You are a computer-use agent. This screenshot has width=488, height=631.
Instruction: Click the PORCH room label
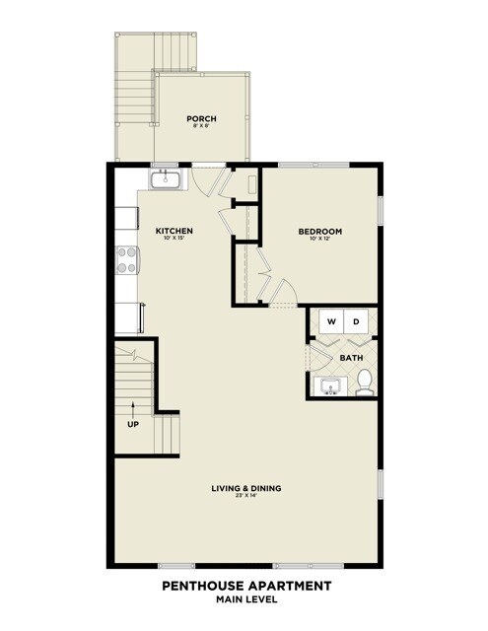[201, 119]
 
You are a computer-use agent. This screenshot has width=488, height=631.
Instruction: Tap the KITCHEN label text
[174, 232]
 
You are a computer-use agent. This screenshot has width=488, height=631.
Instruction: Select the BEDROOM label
[319, 233]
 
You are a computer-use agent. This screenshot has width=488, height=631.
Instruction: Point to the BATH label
[351, 357]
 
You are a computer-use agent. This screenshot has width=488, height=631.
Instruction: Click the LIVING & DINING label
[246, 488]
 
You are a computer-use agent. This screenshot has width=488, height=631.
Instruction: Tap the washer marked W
[331, 321]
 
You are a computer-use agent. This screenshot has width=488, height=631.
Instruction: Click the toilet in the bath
[364, 382]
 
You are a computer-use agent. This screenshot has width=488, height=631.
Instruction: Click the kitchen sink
[165, 179]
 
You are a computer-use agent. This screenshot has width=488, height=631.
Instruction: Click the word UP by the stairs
[132, 425]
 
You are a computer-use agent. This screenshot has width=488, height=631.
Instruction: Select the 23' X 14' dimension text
[246, 497]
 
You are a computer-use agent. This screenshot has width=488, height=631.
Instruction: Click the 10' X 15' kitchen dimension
[174, 241]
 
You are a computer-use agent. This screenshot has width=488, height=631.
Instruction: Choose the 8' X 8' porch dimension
[201, 127]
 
